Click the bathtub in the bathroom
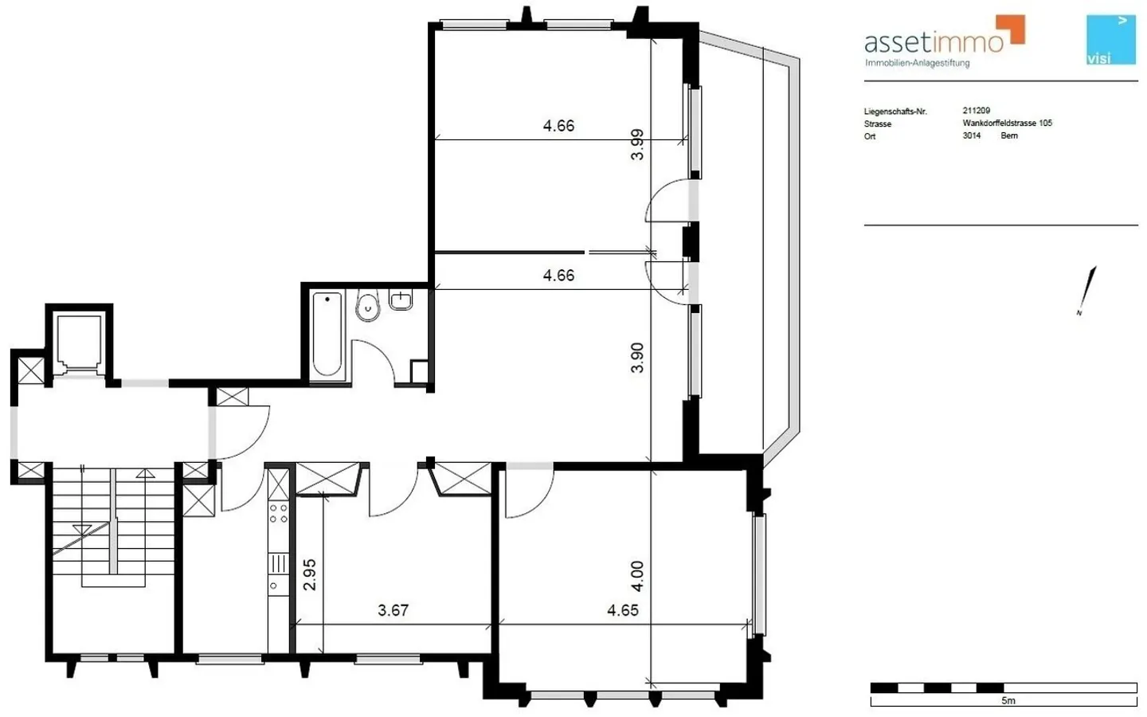pyautogui.click(x=327, y=335)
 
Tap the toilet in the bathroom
pyautogui.click(x=367, y=307)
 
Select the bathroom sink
pyautogui.click(x=401, y=300)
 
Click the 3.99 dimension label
pyautogui.click(x=637, y=144)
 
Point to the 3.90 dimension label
pyautogui.click(x=637, y=358)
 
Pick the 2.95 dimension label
pyautogui.click(x=310, y=574)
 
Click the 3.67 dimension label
pyautogui.click(x=393, y=610)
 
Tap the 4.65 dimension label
pyautogui.click(x=622, y=610)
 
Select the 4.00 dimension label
pyautogui.click(x=637, y=576)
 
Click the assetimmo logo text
pyautogui.click(x=934, y=42)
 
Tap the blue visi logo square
pyautogui.click(x=1110, y=40)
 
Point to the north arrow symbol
pyautogui.click(x=1088, y=289)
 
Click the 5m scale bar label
pyautogui.click(x=1008, y=701)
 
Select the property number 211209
pyautogui.click(x=976, y=111)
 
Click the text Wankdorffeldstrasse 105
pyautogui.click(x=1007, y=123)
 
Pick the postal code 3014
pyautogui.click(x=971, y=136)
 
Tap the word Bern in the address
pyautogui.click(x=1009, y=136)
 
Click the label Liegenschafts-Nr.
pyautogui.click(x=895, y=112)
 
